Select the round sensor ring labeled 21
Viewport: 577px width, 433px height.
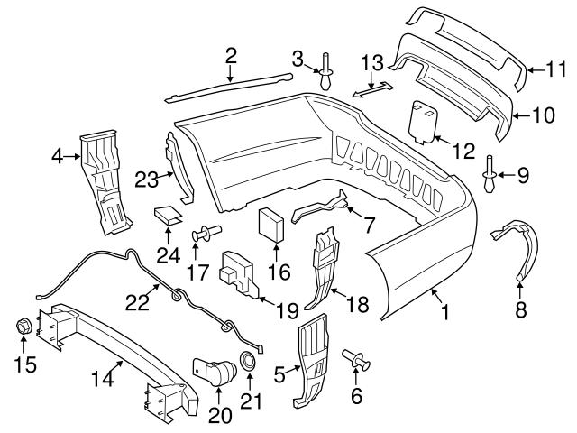click(x=246, y=364)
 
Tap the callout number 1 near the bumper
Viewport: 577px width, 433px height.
click(x=444, y=316)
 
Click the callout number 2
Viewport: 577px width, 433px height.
click(x=231, y=55)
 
